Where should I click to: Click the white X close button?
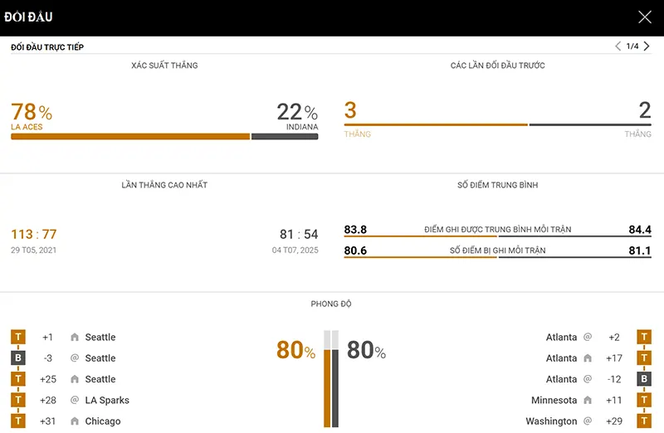pyautogui.click(x=645, y=17)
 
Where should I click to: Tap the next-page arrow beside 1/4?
pyautogui.click(x=647, y=46)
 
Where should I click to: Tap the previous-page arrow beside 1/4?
pyautogui.click(x=618, y=46)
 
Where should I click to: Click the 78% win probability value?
pyautogui.click(x=32, y=112)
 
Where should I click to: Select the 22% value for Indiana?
pyautogui.click(x=297, y=112)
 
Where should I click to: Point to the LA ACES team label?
pyautogui.click(x=27, y=127)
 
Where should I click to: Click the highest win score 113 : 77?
pyautogui.click(x=34, y=235)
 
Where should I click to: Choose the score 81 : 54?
pyautogui.click(x=299, y=235)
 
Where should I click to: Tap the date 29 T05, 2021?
pyautogui.click(x=34, y=250)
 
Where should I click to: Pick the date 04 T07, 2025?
pyautogui.click(x=295, y=250)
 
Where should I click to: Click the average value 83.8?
pyautogui.click(x=355, y=230)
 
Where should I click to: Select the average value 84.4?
pyautogui.click(x=640, y=230)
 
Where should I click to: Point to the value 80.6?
pyautogui.click(x=355, y=251)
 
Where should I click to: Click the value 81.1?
pyautogui.click(x=640, y=251)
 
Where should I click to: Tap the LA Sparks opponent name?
pyautogui.click(x=107, y=401)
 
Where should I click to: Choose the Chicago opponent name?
pyautogui.click(x=103, y=421)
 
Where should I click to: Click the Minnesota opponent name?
pyautogui.click(x=554, y=401)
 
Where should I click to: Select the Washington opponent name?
pyautogui.click(x=551, y=421)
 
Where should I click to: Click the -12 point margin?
pyautogui.click(x=613, y=379)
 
